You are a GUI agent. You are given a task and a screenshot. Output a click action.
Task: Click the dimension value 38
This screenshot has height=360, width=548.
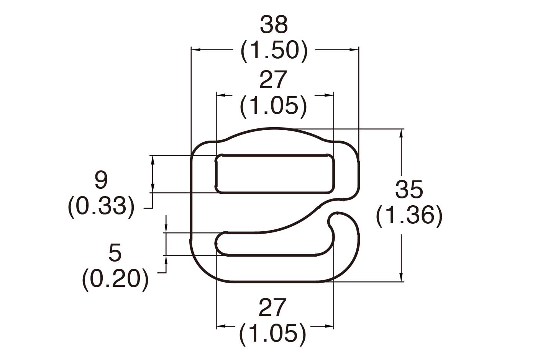click(274, 25)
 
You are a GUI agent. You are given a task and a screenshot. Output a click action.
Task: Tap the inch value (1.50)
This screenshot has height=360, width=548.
click(274, 51)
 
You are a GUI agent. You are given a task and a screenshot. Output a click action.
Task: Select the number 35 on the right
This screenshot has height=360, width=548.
click(409, 189)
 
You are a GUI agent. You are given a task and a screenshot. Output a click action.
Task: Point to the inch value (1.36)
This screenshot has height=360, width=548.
click(409, 215)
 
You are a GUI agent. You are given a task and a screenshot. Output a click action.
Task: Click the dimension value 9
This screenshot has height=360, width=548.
click(101, 180)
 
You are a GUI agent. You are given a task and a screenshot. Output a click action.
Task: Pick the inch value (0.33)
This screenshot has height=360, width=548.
click(101, 206)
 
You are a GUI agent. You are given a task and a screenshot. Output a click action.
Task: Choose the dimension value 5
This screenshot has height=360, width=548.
click(115, 253)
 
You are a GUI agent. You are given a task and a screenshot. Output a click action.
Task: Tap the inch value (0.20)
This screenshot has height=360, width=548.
click(115, 279)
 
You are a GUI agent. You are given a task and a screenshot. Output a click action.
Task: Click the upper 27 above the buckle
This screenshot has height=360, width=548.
click(273, 80)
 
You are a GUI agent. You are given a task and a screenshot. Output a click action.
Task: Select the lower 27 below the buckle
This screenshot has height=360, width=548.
click(272, 308)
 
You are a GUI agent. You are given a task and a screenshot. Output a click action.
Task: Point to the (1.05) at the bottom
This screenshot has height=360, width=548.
click(272, 334)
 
